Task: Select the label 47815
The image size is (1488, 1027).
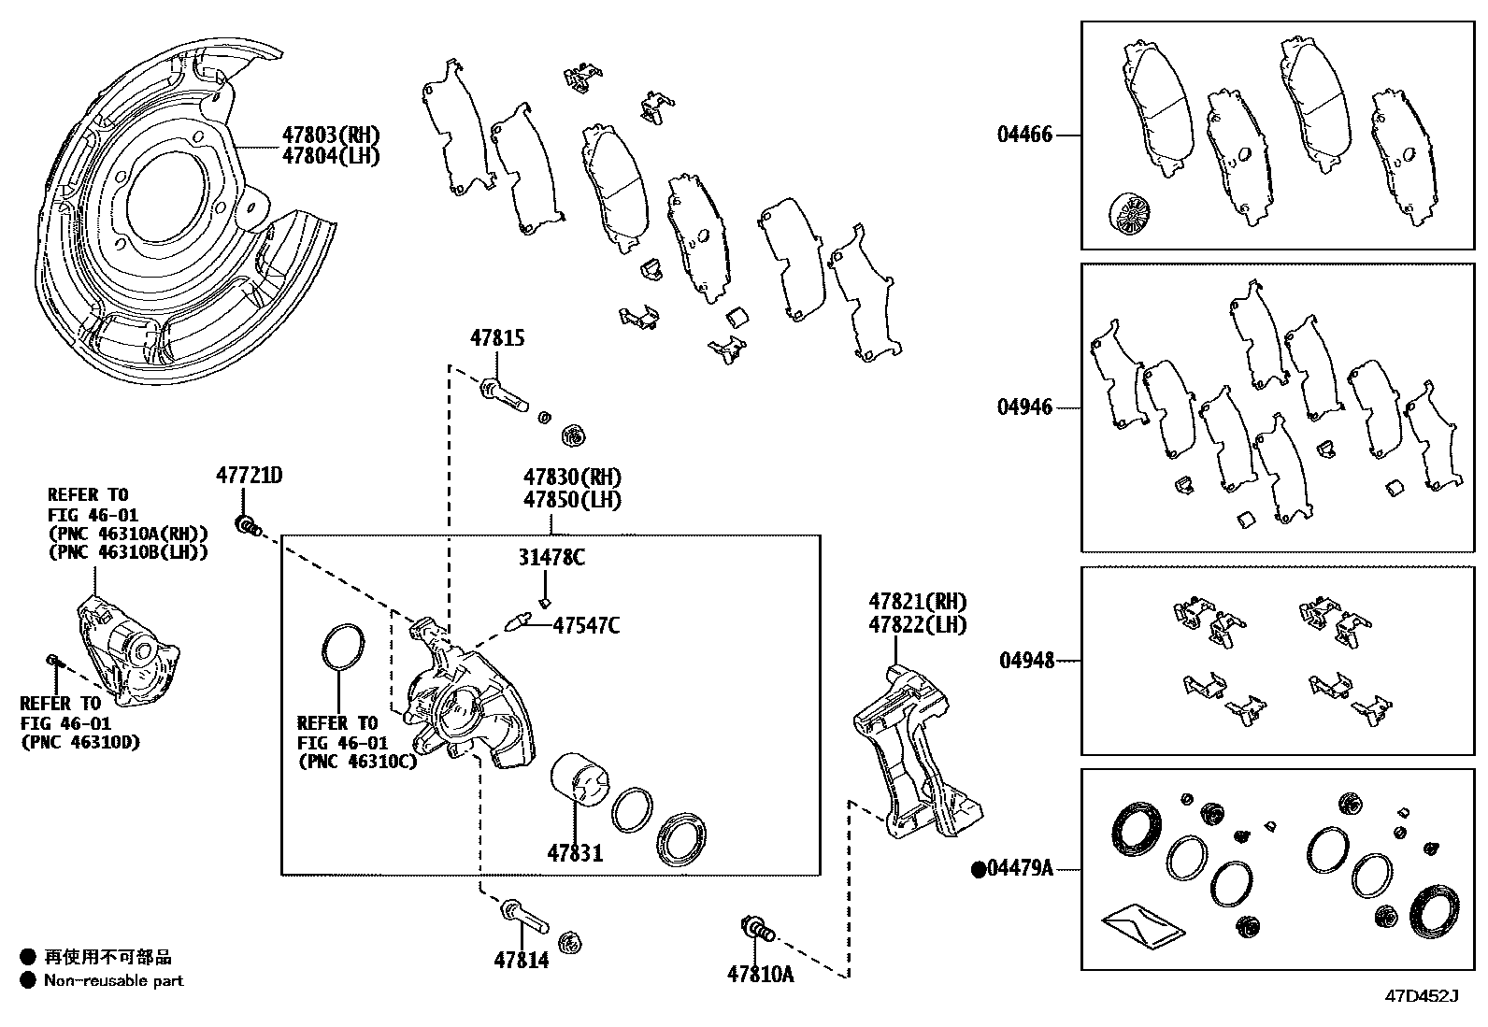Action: (x=496, y=339)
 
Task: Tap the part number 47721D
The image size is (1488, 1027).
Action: (x=249, y=475)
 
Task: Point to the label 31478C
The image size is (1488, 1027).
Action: (x=551, y=558)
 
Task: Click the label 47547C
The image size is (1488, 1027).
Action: (x=586, y=625)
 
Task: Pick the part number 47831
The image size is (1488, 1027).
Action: (x=575, y=852)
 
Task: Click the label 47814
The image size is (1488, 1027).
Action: (x=522, y=960)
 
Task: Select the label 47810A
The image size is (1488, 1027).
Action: (x=760, y=975)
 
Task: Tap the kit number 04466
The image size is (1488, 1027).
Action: (x=1024, y=135)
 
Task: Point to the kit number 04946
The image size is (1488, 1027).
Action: (x=1024, y=407)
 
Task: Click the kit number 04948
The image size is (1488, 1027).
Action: (x=1026, y=661)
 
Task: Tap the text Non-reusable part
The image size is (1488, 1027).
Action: (x=113, y=980)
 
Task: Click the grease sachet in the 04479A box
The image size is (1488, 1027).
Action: (x=1143, y=923)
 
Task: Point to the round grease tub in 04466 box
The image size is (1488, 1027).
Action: (x=1129, y=215)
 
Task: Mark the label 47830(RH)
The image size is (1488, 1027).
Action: (x=572, y=478)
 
